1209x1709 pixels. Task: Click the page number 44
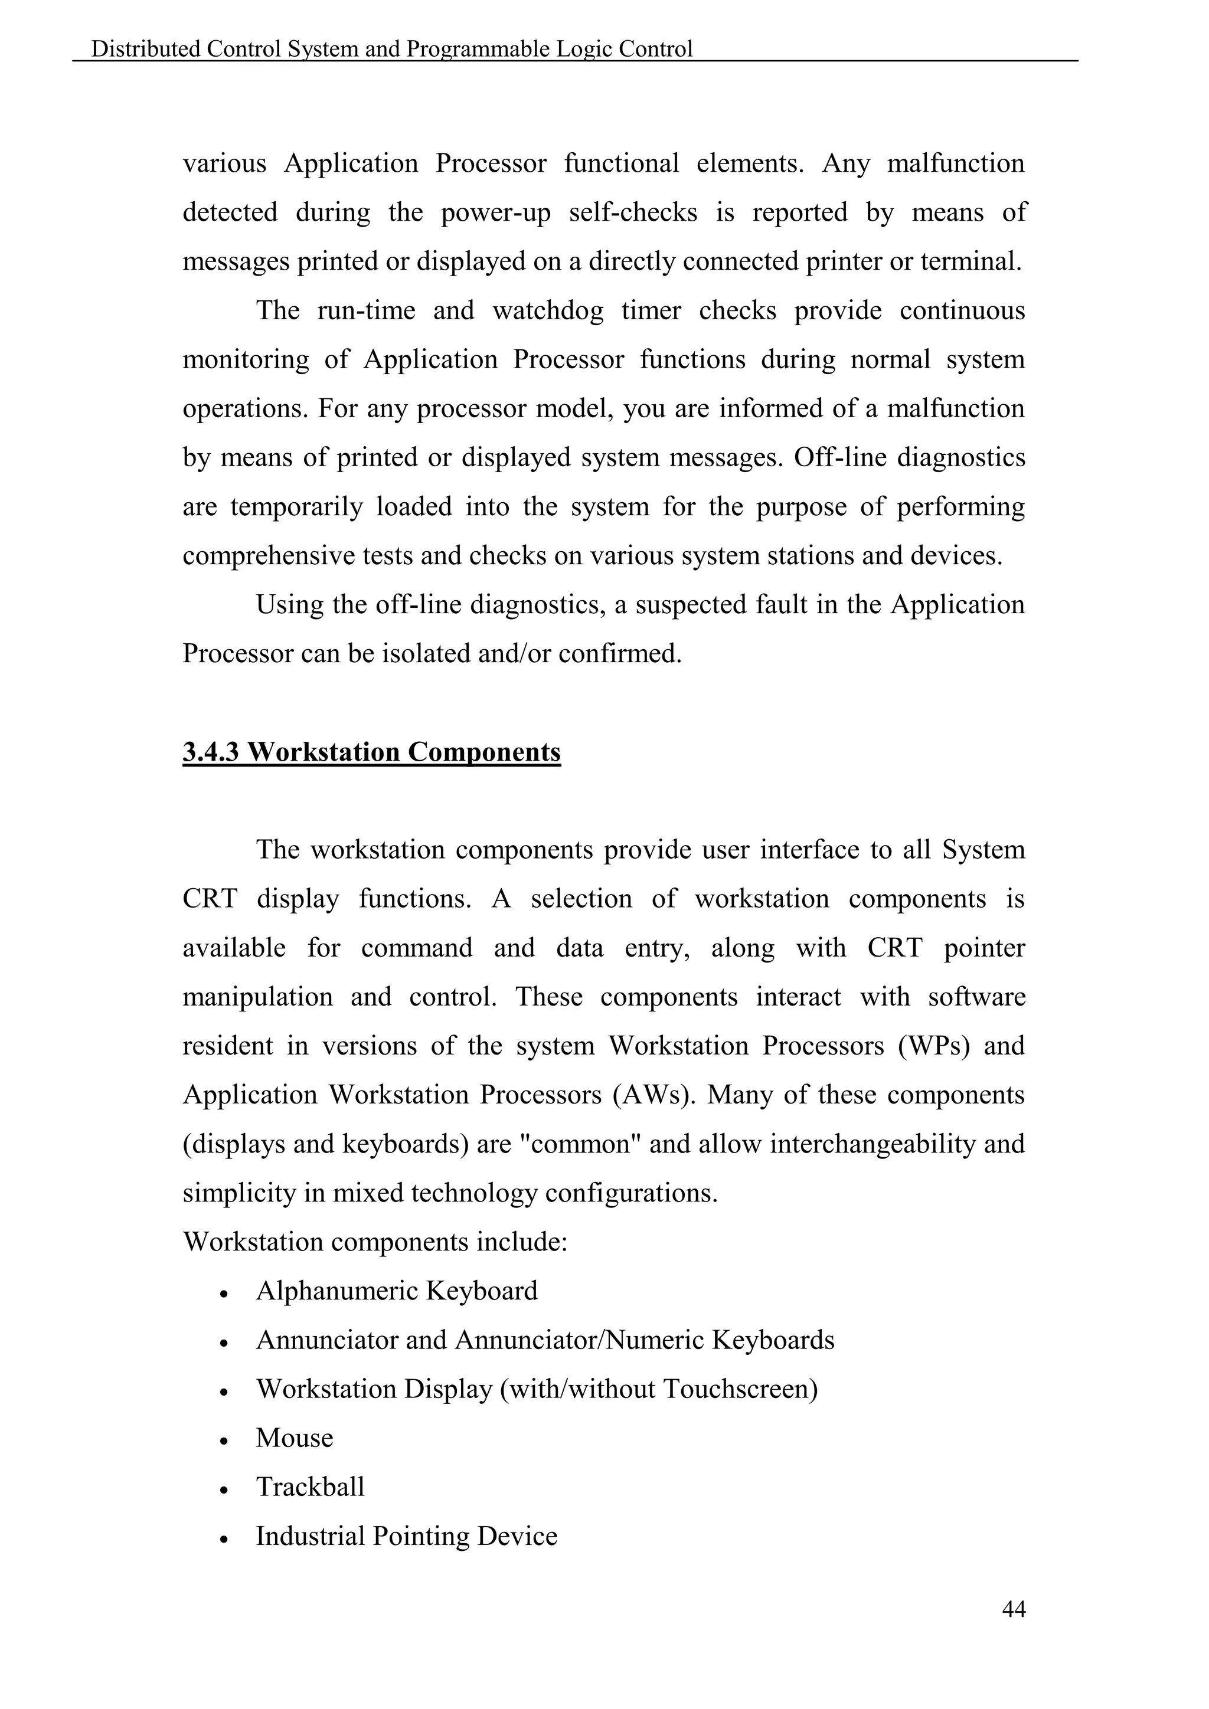pyautogui.click(x=1013, y=1609)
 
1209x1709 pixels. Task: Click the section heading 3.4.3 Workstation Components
pyautogui.click(x=371, y=752)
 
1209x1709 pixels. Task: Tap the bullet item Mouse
pyautogui.click(x=294, y=1438)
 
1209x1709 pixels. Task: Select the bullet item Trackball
pyautogui.click(x=311, y=1487)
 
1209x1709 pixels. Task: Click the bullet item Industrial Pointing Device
pyautogui.click(x=407, y=1536)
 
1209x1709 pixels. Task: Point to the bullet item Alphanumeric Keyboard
pyautogui.click(x=397, y=1291)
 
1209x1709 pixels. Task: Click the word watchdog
pyautogui.click(x=548, y=310)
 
